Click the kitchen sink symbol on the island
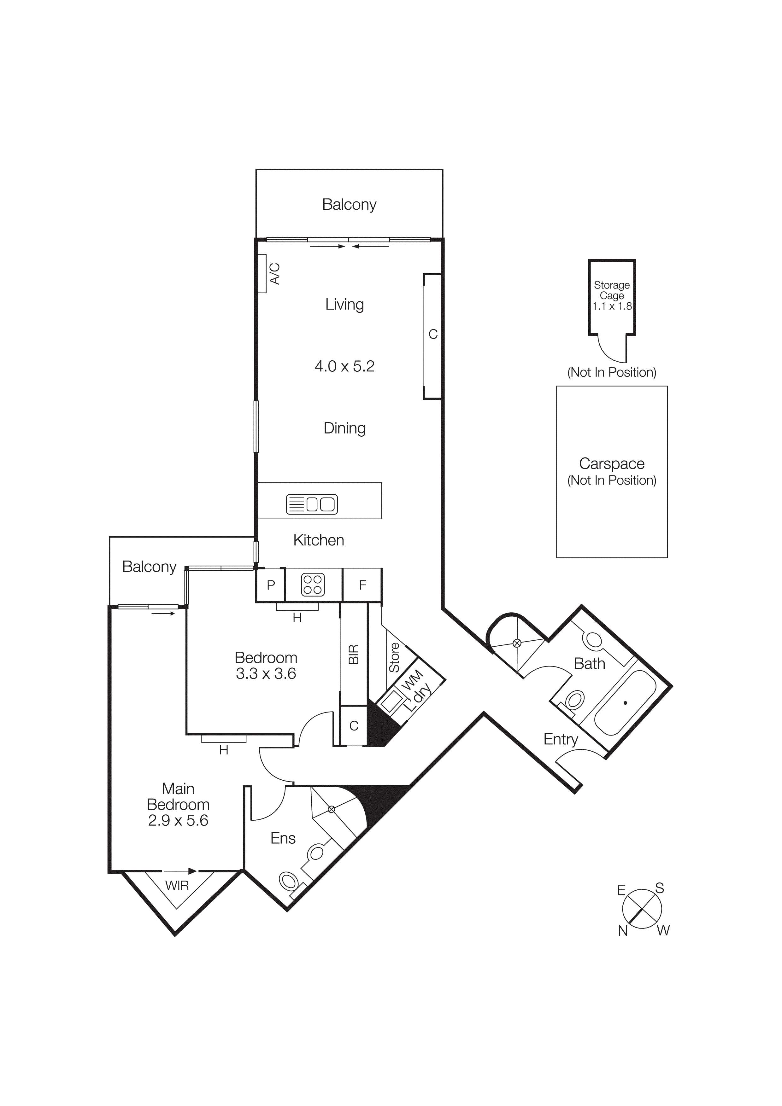[x=312, y=504]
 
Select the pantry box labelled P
[x=271, y=585]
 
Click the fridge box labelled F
[x=362, y=585]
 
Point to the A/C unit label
[x=274, y=274]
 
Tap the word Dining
[x=344, y=428]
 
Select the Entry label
[x=560, y=739]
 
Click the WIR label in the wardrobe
[x=177, y=885]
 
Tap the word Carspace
[x=611, y=463]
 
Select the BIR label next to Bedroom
[x=354, y=655]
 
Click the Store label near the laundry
[x=394, y=658]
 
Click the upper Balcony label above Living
[x=349, y=205]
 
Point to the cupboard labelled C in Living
[x=433, y=334]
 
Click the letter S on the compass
[x=660, y=888]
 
